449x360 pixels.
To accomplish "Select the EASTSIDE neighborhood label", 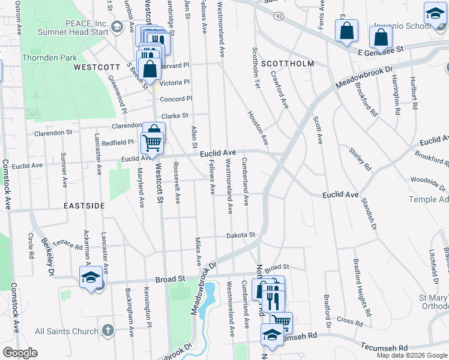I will click(x=84, y=205).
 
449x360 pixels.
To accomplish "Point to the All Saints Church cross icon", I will click(x=107, y=331).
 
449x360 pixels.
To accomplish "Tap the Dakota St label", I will click(x=241, y=235).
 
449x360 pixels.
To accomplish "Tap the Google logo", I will click(x=20, y=353).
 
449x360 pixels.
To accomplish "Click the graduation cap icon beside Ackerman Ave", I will click(x=90, y=277).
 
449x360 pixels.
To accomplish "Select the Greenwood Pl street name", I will click(x=117, y=94).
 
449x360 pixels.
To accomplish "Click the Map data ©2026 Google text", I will click(x=412, y=355).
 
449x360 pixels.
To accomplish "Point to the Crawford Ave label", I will click(x=280, y=91).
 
